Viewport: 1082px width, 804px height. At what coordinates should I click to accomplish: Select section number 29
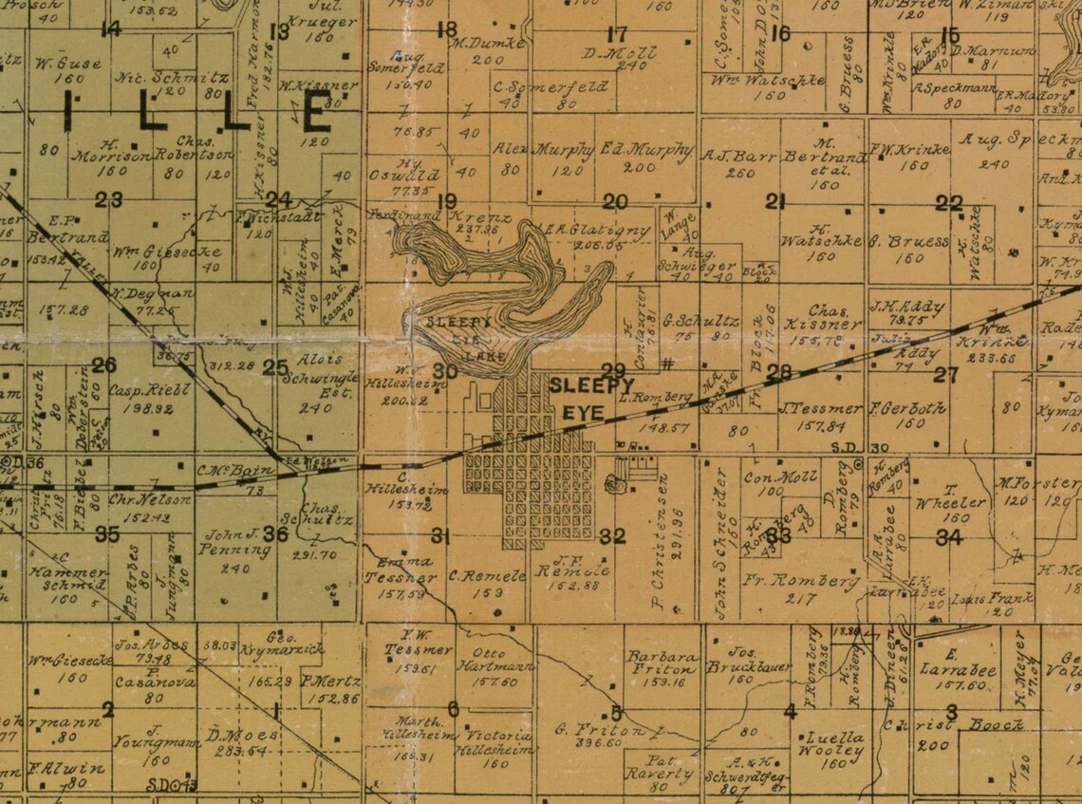coord(613,370)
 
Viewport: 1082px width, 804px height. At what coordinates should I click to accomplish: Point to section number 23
coord(109,199)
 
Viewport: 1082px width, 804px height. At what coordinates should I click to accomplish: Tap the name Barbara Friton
coord(662,663)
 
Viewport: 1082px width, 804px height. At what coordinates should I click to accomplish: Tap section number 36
coord(275,534)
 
